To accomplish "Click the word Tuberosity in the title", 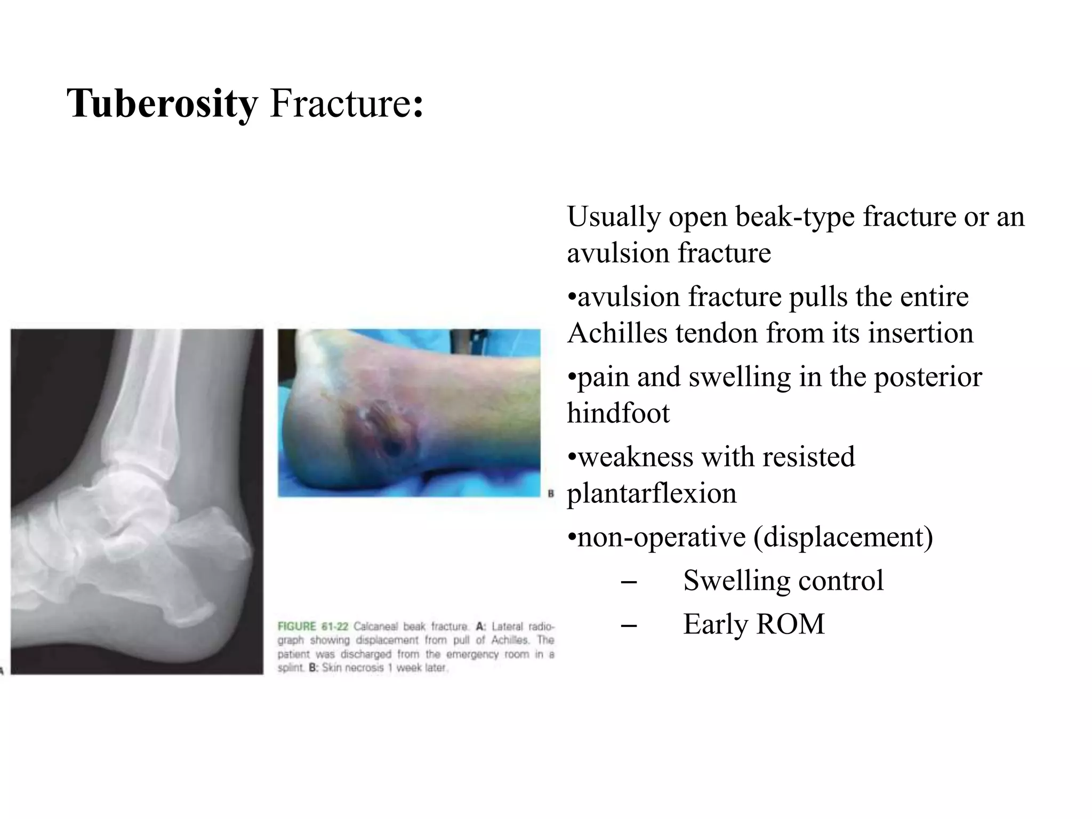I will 162,103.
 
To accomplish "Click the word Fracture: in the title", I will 347,103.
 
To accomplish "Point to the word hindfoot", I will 617,413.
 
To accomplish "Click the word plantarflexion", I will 651,493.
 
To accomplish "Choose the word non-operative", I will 661,537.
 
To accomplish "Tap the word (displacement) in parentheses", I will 843,537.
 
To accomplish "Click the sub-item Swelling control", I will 783,581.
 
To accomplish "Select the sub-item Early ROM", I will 753,624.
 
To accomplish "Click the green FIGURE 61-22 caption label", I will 312,627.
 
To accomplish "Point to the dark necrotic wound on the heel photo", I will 392,445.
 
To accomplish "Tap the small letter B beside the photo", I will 551,494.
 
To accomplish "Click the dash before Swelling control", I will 629,582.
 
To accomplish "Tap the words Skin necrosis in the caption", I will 352,668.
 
